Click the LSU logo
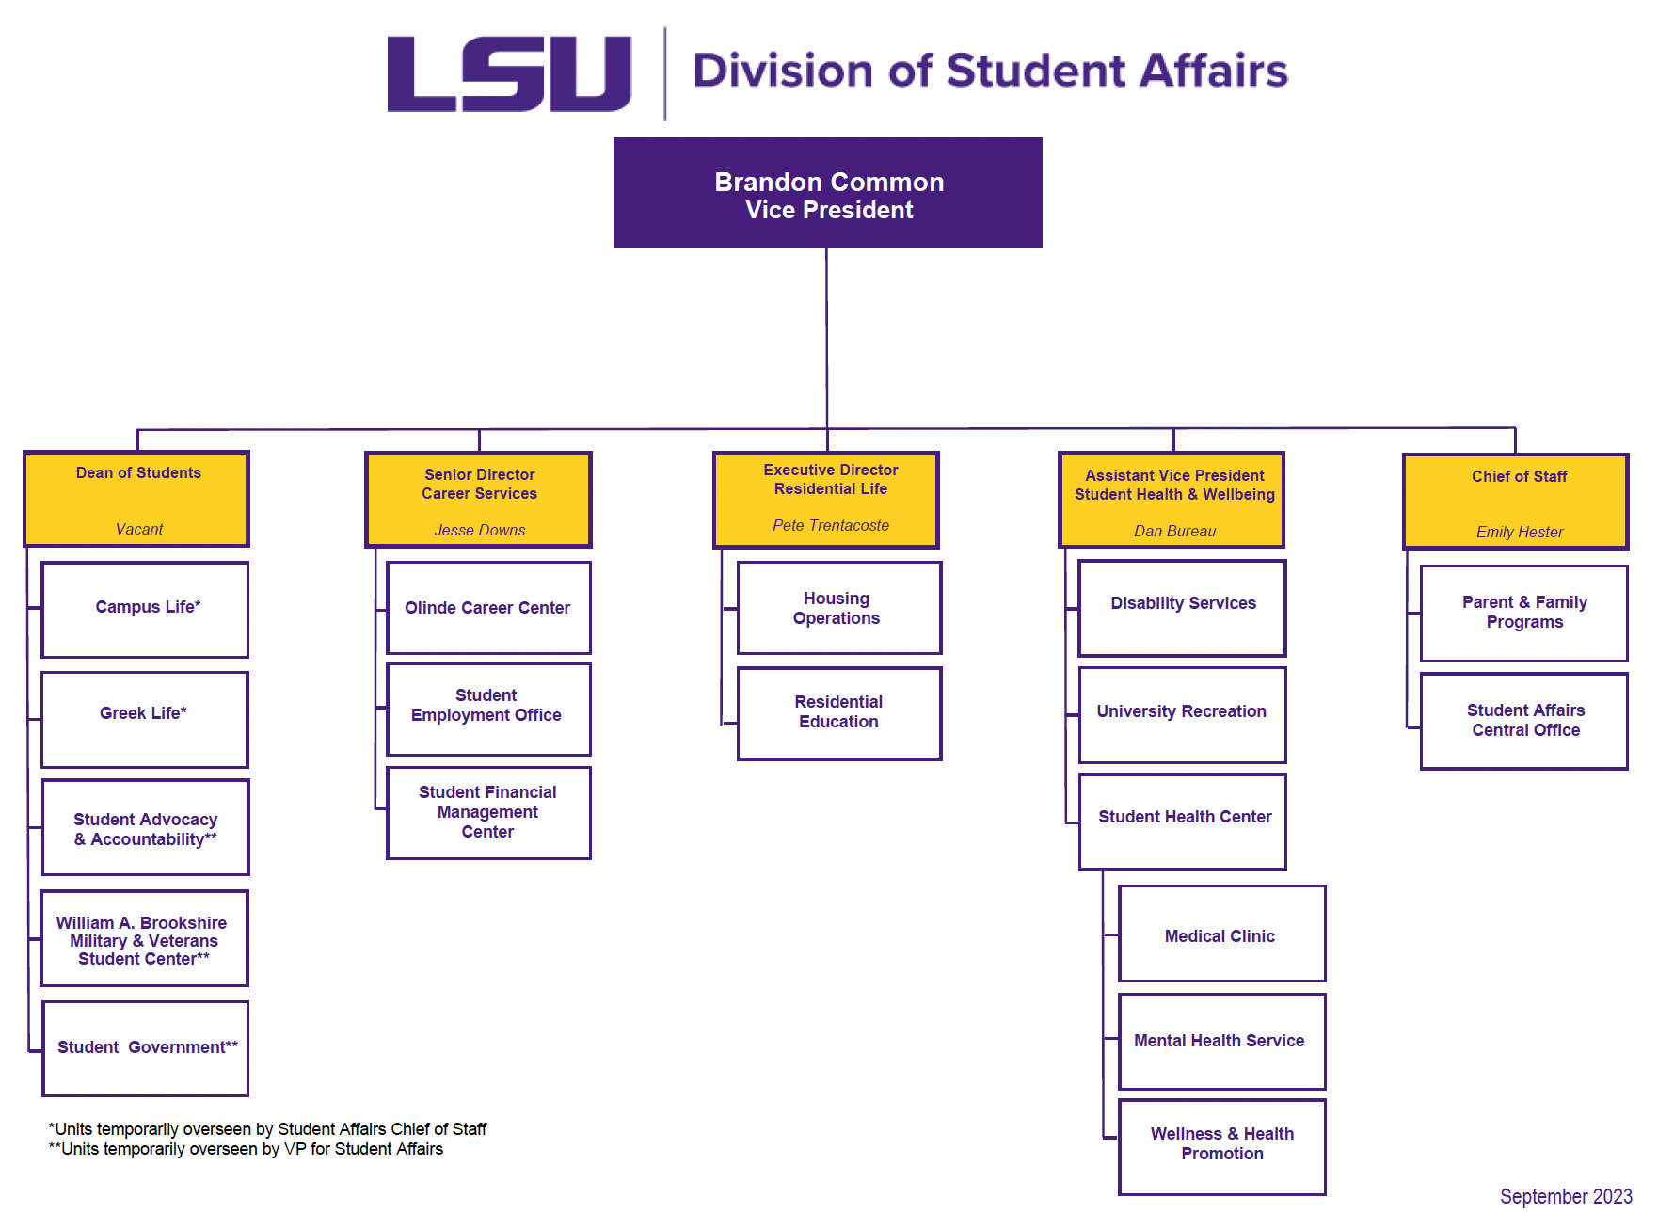[x=509, y=73]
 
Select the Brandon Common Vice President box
[x=828, y=194]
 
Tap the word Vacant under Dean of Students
[x=139, y=530]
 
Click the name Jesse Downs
[x=480, y=531]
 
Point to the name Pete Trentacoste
[x=831, y=526]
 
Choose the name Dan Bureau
[x=1174, y=532]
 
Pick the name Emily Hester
[x=1520, y=533]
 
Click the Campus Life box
[x=146, y=609]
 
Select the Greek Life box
[x=145, y=719]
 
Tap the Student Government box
[x=146, y=1048]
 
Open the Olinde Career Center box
[x=488, y=608]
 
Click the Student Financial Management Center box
[x=488, y=812]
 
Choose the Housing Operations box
[x=838, y=608]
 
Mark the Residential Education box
[x=838, y=712]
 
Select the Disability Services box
[x=1183, y=608]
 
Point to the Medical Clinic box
[x=1221, y=934]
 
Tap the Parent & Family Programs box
[x=1524, y=613]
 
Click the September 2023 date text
[x=1566, y=1197]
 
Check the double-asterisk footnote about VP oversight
[x=246, y=1149]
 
